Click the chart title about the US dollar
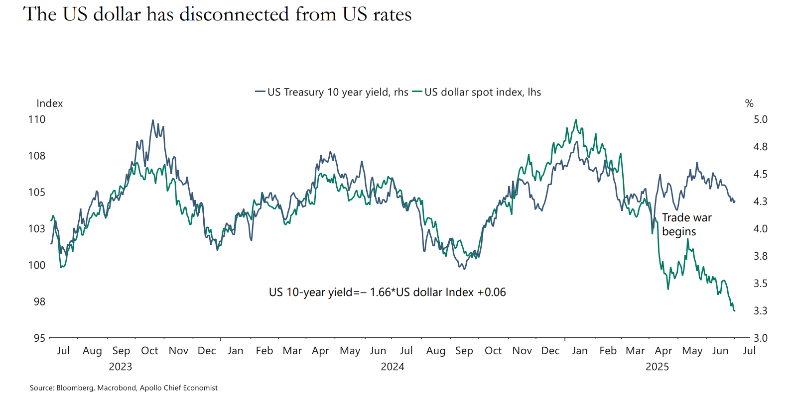[217, 14]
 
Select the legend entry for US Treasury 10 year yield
[332, 92]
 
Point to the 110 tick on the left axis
[37, 119]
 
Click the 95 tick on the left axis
[39, 338]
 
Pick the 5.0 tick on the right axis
[760, 119]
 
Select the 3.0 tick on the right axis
[760, 338]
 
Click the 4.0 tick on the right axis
[760, 229]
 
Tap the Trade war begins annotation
[686, 224]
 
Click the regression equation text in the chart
[387, 292]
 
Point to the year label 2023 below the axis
[121, 367]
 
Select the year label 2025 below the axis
[657, 367]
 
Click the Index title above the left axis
[50, 103]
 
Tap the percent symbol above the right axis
[749, 103]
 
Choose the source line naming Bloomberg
[124, 388]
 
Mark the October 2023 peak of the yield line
[153, 120]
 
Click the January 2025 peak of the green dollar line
[576, 120]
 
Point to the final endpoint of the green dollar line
[735, 311]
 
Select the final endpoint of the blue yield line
[735, 201]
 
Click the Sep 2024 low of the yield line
[464, 269]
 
